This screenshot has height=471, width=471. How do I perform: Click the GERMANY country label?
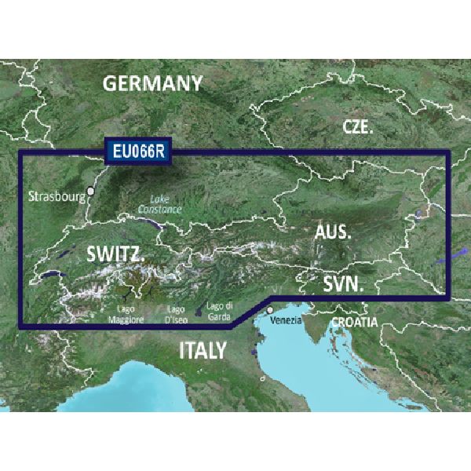(x=152, y=82)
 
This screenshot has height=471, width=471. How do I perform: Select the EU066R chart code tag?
(x=138, y=152)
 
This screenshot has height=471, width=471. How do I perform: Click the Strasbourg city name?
(x=56, y=195)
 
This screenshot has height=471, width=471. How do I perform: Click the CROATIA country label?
(x=354, y=322)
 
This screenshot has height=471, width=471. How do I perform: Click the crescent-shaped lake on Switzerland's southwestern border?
(x=51, y=275)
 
